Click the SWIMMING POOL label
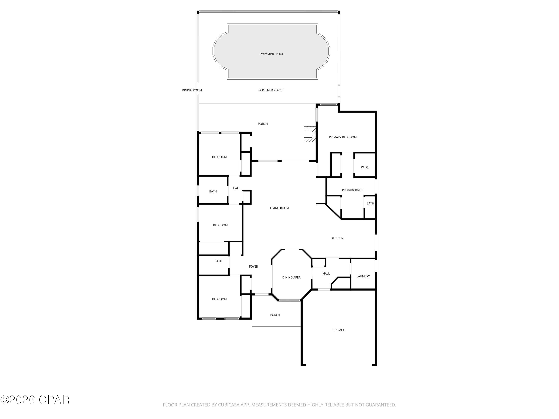[x=271, y=54]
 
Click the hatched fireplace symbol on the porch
[x=309, y=134]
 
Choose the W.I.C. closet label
[x=365, y=167]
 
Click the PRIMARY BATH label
[x=352, y=190]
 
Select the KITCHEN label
[x=337, y=238]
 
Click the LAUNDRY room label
[x=363, y=276]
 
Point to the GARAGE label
[x=339, y=330]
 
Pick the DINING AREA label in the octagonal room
[x=291, y=277]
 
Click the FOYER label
[x=253, y=266]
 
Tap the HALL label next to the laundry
[x=326, y=274]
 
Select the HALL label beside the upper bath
[x=236, y=188]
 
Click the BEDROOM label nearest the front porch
[x=219, y=299]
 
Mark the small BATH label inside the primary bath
[x=370, y=204]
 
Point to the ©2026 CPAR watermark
[x=35, y=400]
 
